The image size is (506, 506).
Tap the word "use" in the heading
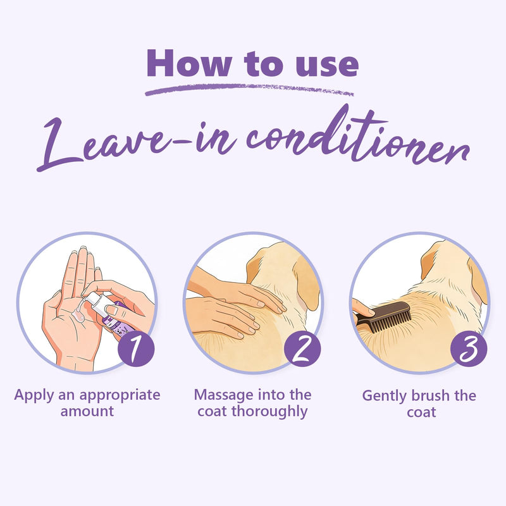pos(327,66)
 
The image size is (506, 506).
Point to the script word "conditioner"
pos(357,137)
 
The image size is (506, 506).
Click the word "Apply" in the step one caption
pos(34,396)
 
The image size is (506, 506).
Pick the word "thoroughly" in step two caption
pos(269,412)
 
